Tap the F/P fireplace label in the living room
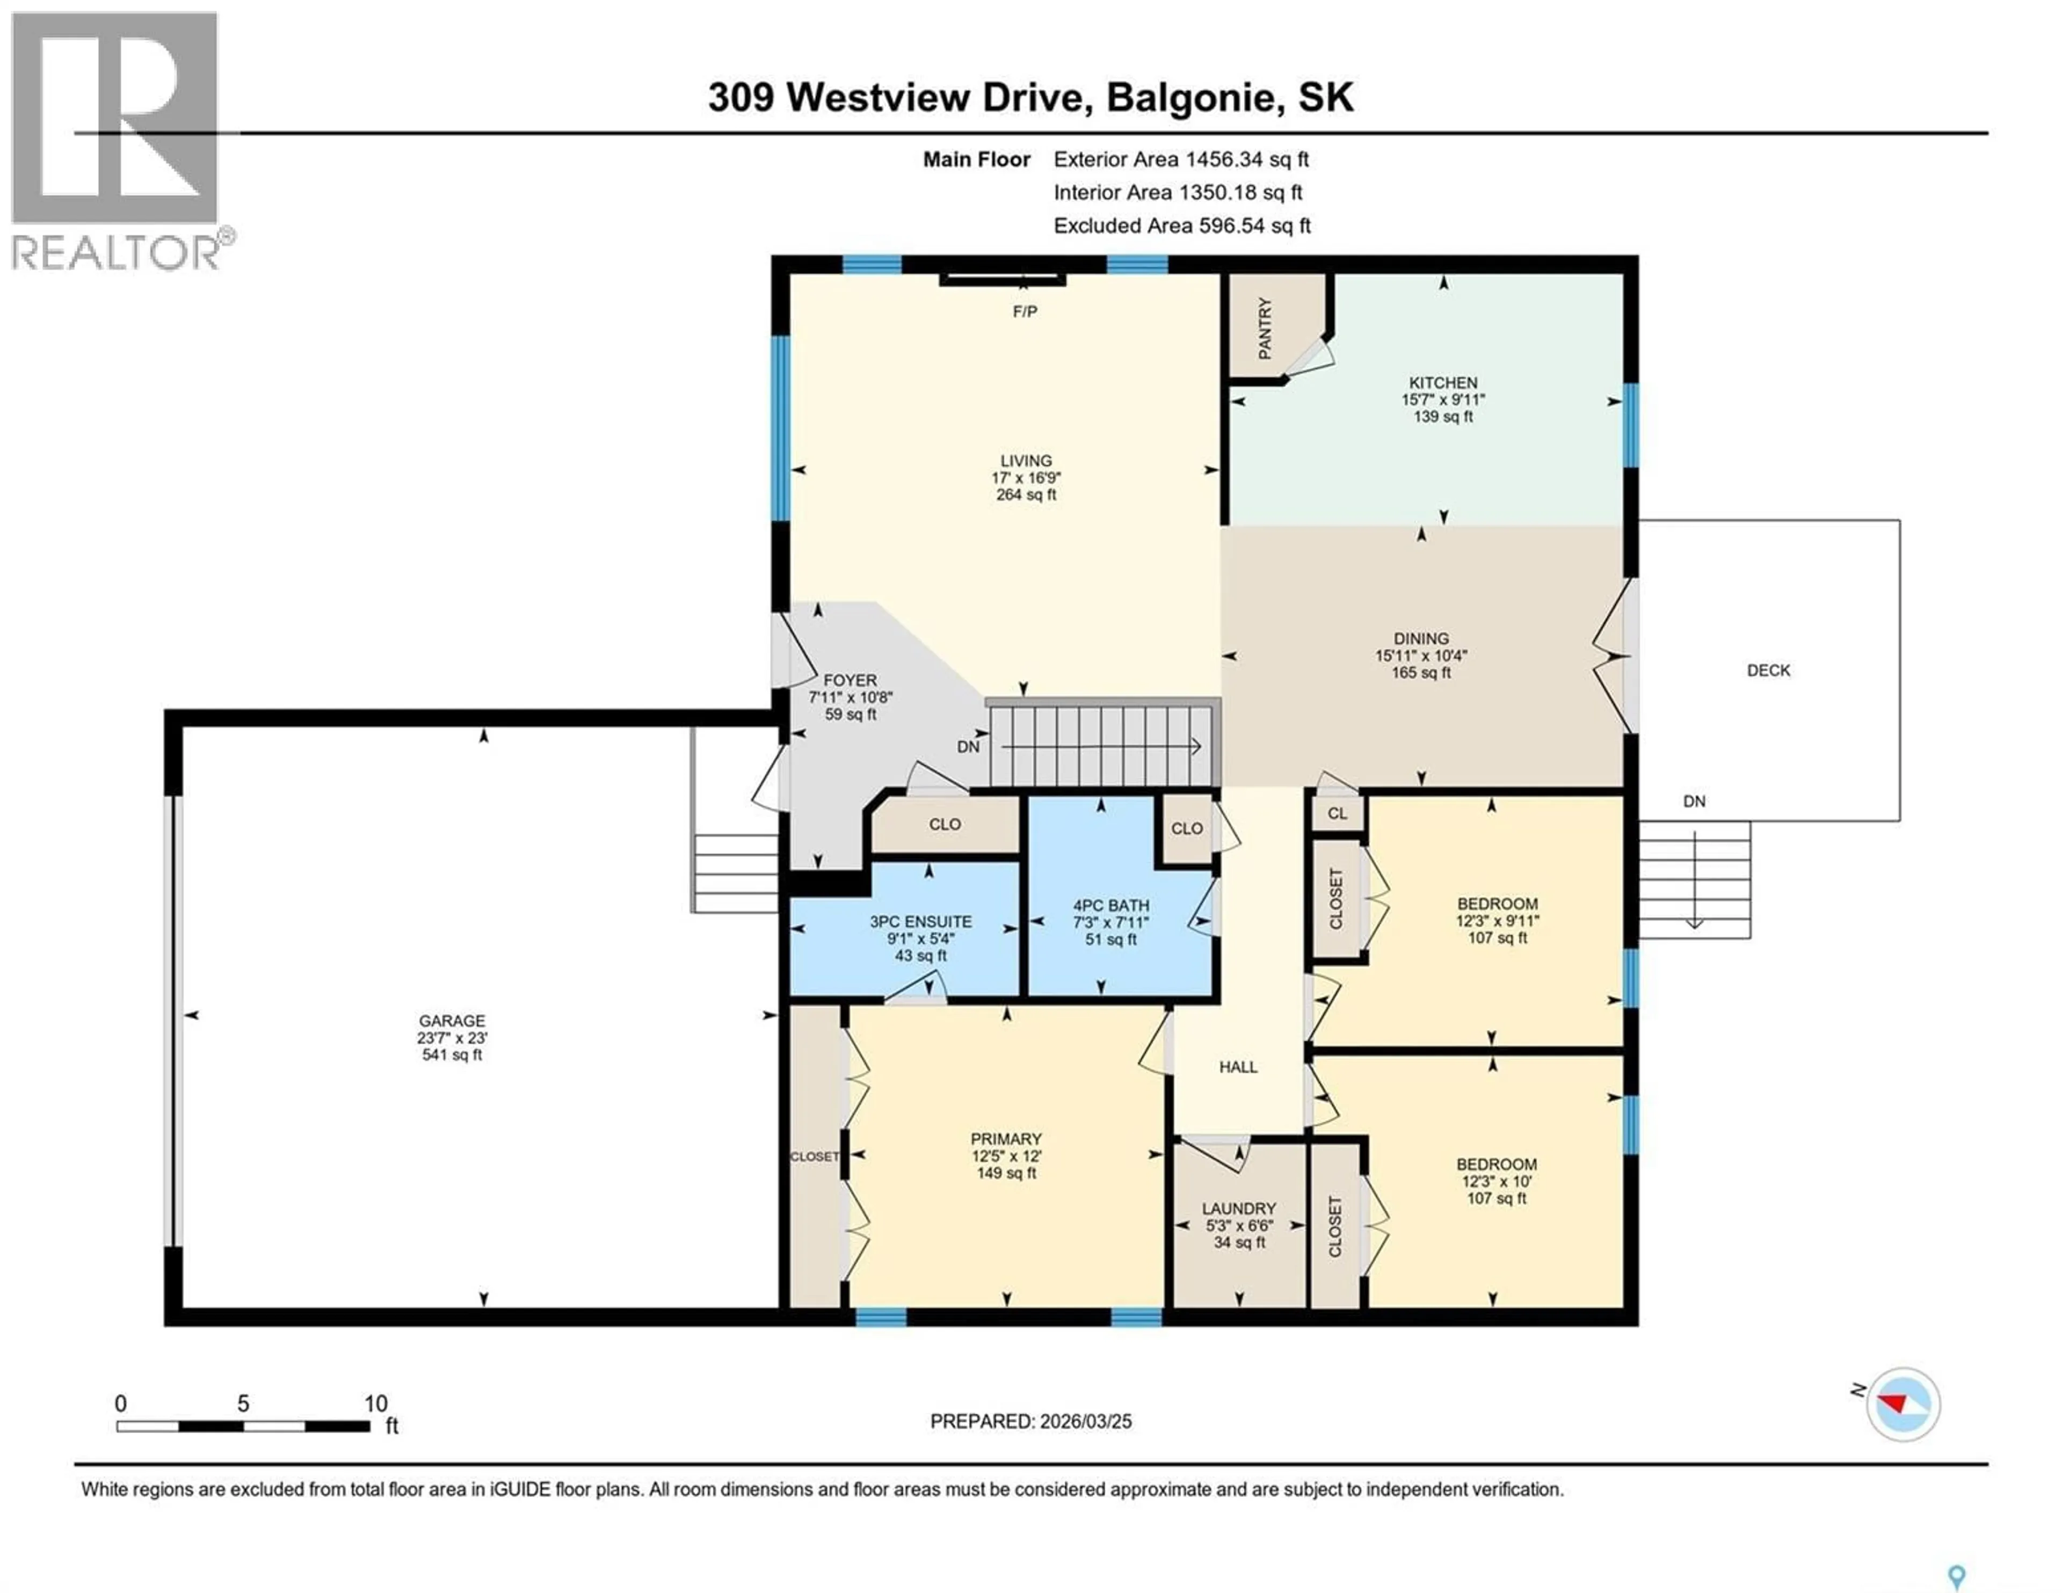pyautogui.click(x=1025, y=311)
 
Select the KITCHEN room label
pyautogui.click(x=1443, y=382)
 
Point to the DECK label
pyautogui.click(x=1767, y=671)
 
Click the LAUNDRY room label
pyautogui.click(x=1239, y=1209)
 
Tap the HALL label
pyautogui.click(x=1238, y=1067)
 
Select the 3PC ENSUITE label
pyautogui.click(x=920, y=922)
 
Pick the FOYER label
pyautogui.click(x=850, y=680)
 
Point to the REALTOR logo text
pyautogui.click(x=115, y=252)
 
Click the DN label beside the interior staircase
pyautogui.click(x=968, y=747)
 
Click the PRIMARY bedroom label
pyautogui.click(x=1006, y=1139)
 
